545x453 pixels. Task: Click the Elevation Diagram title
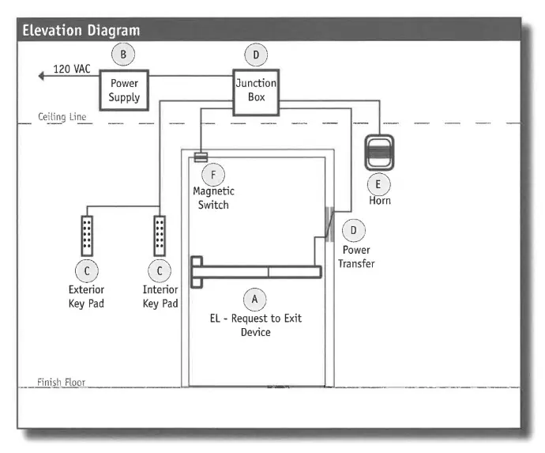point(81,31)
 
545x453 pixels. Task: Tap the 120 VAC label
point(72,70)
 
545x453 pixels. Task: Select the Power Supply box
point(124,89)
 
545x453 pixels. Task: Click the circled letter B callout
point(122,55)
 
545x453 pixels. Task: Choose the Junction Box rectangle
point(256,90)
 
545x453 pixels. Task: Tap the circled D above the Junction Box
point(255,55)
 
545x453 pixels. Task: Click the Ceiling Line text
point(62,117)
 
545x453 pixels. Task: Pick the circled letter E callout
point(378,183)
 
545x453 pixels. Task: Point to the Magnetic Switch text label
point(213,198)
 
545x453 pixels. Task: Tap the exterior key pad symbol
point(87,234)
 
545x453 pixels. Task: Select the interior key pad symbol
point(160,234)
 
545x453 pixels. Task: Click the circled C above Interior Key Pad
point(160,271)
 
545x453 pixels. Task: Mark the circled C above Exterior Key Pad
point(87,271)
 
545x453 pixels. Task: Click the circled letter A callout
point(254,300)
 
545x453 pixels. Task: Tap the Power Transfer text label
point(356,256)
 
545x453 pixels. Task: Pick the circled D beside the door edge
point(353,230)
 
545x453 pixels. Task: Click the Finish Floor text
point(62,383)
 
